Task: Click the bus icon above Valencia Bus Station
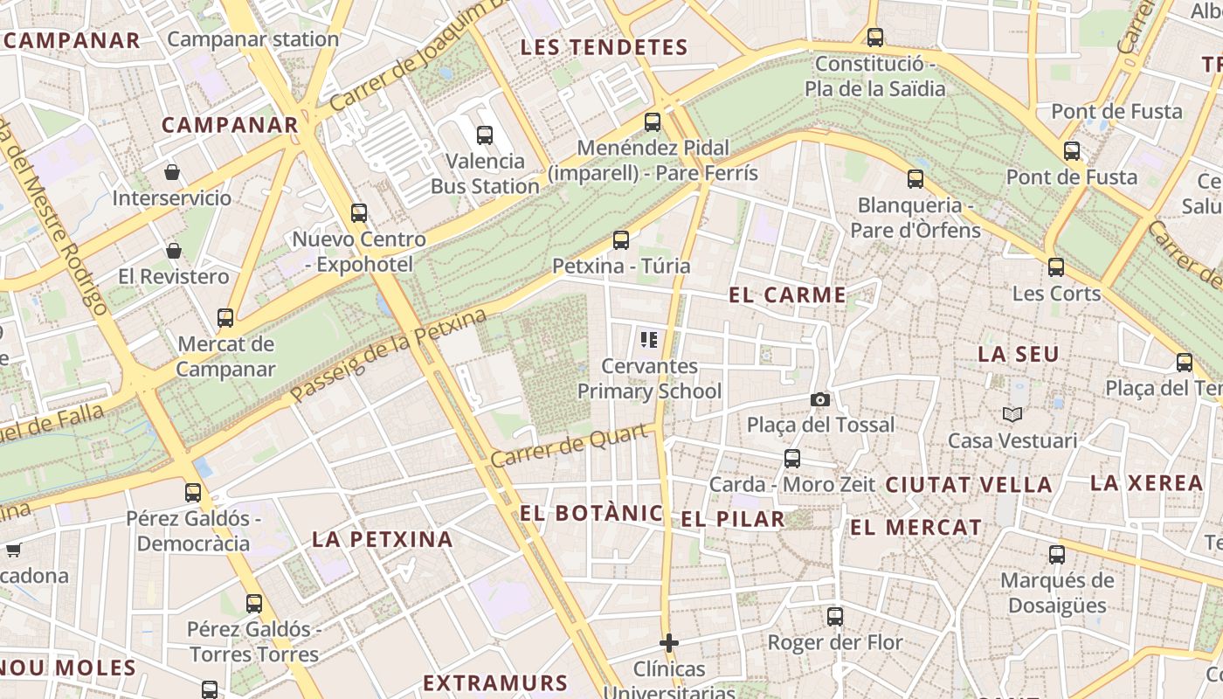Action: (485, 135)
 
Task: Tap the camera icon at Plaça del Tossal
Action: (819, 399)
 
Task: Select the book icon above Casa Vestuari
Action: (1012, 414)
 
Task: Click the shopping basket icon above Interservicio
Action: (172, 172)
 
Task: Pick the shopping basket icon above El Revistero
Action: (174, 251)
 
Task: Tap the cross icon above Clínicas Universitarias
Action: (669, 643)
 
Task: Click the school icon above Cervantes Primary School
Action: (648, 340)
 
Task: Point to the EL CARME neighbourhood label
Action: (788, 295)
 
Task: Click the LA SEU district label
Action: (1019, 354)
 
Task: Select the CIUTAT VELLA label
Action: (969, 485)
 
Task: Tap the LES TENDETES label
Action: (605, 47)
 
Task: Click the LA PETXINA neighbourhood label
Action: (383, 539)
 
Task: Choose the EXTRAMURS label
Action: (495, 682)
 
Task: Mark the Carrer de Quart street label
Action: (572, 446)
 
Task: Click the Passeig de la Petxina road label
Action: (388, 356)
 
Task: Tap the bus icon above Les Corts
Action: (1056, 266)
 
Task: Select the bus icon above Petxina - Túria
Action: (621, 239)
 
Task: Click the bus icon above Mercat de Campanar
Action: (225, 317)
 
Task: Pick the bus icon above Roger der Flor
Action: (835, 616)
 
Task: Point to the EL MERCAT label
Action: (916, 527)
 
